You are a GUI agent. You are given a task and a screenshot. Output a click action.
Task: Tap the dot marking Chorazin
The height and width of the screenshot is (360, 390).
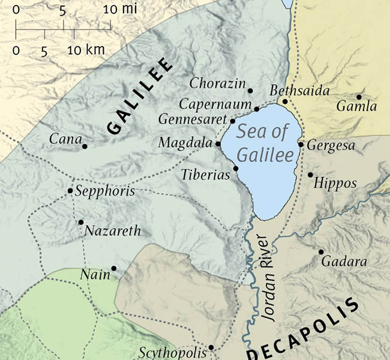pos(251,91)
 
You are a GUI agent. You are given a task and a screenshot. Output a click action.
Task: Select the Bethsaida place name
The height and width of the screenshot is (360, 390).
pos(292,91)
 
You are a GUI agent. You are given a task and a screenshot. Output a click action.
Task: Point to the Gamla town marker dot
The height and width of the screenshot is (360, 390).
pos(359,97)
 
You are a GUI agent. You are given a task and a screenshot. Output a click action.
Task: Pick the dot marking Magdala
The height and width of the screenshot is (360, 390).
pos(218,144)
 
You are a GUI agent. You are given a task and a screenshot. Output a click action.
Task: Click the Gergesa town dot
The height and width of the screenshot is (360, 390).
pos(301,145)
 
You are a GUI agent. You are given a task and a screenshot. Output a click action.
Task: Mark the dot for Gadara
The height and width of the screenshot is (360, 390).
pos(321,252)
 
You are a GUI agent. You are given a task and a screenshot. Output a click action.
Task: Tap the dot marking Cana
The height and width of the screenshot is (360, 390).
pos(85,146)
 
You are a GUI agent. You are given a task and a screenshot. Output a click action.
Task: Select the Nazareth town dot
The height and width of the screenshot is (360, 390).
pos(81,222)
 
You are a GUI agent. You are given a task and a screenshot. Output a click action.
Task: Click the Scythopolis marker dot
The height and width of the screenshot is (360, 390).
pos(211,347)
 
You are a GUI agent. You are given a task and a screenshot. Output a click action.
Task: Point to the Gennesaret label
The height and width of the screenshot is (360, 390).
pos(192,119)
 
